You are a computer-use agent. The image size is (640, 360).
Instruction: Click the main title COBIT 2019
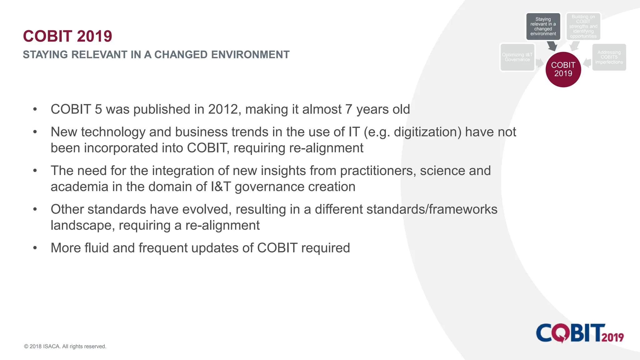tap(67, 36)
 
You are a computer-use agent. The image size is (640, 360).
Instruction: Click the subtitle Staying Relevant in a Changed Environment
tap(156, 55)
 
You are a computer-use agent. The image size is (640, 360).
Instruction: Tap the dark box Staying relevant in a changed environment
tap(543, 27)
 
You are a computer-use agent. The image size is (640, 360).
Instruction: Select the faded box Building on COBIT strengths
tap(583, 27)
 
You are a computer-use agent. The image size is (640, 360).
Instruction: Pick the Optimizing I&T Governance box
tap(517, 57)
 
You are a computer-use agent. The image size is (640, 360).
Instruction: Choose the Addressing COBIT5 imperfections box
tap(609, 57)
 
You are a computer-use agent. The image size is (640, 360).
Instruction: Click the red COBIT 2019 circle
tap(563, 69)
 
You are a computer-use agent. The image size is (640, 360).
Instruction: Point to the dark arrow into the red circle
tap(552, 46)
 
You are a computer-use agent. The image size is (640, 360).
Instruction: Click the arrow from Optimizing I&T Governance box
tap(540, 63)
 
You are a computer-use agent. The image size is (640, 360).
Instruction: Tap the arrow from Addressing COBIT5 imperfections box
tap(587, 63)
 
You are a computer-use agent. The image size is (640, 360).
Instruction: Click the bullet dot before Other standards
tap(35, 209)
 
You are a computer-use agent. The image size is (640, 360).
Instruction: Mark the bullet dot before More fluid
tap(35, 248)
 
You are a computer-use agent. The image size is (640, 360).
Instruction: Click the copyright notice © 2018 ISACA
tap(65, 346)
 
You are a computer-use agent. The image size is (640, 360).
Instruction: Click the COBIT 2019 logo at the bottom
tap(580, 333)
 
